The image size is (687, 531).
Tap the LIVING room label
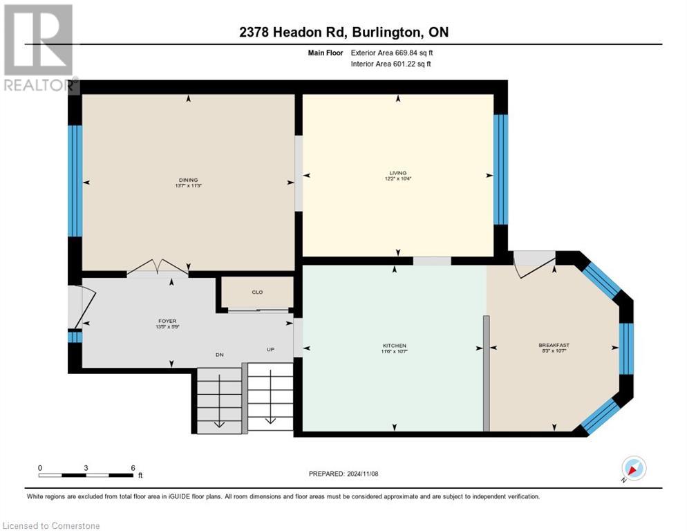click(x=397, y=174)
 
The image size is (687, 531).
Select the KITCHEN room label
click(x=395, y=346)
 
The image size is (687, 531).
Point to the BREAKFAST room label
click(x=554, y=345)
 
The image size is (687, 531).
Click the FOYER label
click(x=167, y=321)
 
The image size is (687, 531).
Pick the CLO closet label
click(x=257, y=292)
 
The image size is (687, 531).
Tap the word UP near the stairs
click(x=271, y=350)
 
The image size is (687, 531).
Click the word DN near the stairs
click(x=219, y=355)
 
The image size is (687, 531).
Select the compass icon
click(x=632, y=468)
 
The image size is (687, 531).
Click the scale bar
click(x=86, y=475)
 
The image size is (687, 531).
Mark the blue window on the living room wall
click(x=500, y=169)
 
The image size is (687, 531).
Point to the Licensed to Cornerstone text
click(x=52, y=526)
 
